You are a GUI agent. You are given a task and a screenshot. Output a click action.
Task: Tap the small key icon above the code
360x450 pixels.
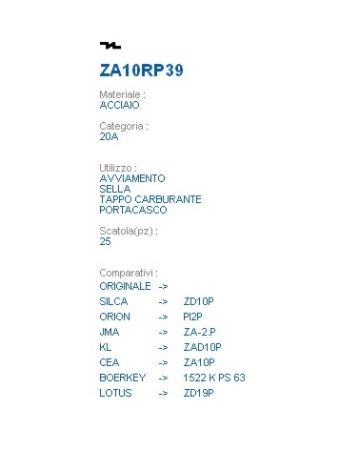pyautogui.click(x=110, y=46)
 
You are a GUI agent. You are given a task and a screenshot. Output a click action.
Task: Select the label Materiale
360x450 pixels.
pyautogui.click(x=122, y=95)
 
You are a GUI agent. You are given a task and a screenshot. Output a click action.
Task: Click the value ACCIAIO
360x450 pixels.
pyautogui.click(x=120, y=106)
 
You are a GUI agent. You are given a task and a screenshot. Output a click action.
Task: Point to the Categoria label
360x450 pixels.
pyautogui.click(x=124, y=126)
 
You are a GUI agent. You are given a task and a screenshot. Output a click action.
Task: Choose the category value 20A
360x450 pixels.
pyautogui.click(x=109, y=136)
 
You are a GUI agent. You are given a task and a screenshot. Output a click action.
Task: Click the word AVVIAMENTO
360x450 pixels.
pyautogui.click(x=132, y=178)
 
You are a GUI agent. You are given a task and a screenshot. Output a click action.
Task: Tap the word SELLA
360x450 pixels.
pyautogui.click(x=114, y=189)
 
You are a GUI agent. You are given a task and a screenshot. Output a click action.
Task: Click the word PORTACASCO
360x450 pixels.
pyautogui.click(x=132, y=210)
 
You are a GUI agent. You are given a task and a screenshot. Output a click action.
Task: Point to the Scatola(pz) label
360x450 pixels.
pyautogui.click(x=128, y=231)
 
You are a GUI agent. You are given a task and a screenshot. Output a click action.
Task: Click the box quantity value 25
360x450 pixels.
pyautogui.click(x=105, y=241)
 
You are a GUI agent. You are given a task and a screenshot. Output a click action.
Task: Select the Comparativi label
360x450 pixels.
pyautogui.click(x=128, y=272)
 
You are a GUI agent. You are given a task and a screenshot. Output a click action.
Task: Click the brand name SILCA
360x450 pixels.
pyautogui.click(x=113, y=301)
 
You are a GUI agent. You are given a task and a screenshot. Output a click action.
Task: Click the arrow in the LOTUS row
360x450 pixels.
pyautogui.click(x=163, y=393)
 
